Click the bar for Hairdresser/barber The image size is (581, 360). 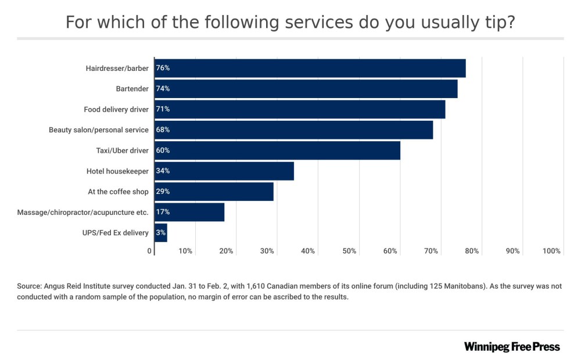[x=310, y=68]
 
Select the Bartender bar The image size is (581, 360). [x=306, y=89]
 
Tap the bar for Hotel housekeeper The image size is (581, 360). [x=224, y=171]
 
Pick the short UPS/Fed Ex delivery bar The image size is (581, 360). [x=161, y=233]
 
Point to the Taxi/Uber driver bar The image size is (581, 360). [x=278, y=150]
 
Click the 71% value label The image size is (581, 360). [x=163, y=109]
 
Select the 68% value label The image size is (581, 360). [x=163, y=130]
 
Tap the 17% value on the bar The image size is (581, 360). [x=163, y=213]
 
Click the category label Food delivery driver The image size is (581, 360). [x=116, y=109]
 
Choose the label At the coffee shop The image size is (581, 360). [x=118, y=192]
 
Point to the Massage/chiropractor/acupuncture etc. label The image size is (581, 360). [x=83, y=213]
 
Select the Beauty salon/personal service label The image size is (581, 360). [x=99, y=130]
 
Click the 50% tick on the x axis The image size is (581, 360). [x=349, y=251]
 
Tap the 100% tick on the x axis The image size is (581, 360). [x=551, y=251]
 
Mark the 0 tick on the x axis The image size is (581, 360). [x=150, y=251]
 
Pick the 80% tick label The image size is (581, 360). [x=472, y=251]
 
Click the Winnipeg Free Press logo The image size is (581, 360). [x=512, y=347]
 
